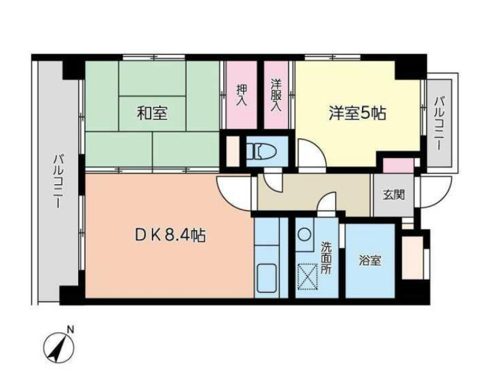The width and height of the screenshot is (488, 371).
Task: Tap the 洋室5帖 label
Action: [x=356, y=113]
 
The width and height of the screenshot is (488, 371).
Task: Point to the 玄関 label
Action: [x=394, y=194]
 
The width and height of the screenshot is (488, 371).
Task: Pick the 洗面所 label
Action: [x=326, y=258]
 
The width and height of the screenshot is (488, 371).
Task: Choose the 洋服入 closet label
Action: [x=275, y=94]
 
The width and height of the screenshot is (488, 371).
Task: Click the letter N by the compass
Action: [x=71, y=328]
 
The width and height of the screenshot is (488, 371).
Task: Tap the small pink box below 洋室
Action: [x=399, y=165]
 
